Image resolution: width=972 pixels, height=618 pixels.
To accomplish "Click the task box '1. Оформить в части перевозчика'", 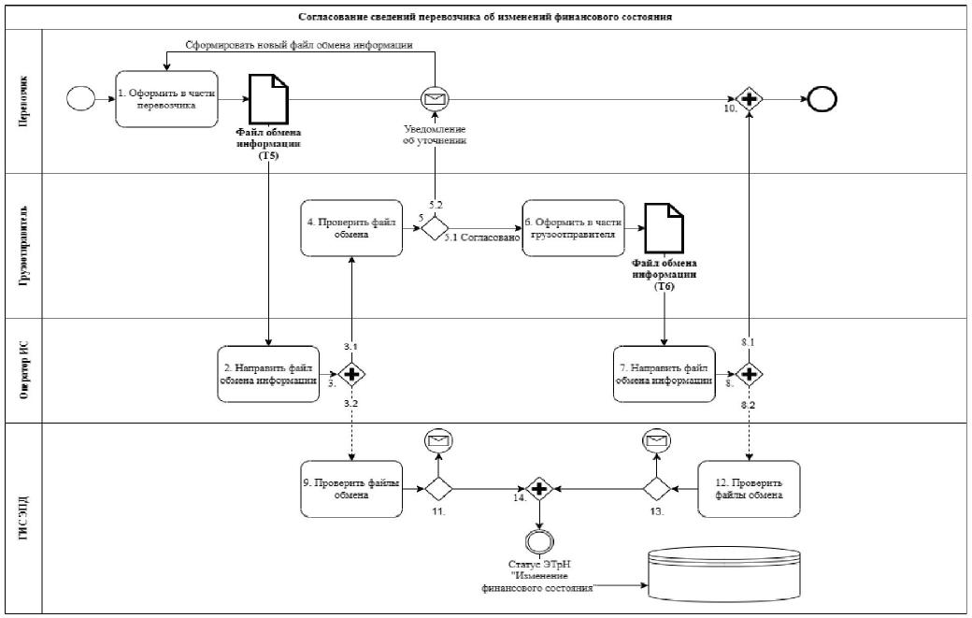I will point(167,98).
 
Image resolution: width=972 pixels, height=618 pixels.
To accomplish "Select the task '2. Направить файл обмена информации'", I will point(267,374).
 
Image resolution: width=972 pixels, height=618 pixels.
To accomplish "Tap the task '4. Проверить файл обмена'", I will point(350,227).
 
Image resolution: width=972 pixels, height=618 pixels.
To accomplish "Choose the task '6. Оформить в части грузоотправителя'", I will point(572,227).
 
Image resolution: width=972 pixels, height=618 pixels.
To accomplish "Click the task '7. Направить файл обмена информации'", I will point(664,374).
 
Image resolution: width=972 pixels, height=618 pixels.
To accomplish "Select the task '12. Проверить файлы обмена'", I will point(750,488).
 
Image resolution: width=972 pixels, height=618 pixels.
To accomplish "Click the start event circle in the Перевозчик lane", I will point(81,99).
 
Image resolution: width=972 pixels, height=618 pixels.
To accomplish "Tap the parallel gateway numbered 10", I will point(748,99).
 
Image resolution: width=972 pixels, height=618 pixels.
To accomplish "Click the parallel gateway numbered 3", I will point(351,375).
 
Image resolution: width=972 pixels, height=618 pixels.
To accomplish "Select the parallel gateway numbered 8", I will point(748,375).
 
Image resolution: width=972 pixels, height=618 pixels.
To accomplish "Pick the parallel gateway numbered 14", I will point(538,488).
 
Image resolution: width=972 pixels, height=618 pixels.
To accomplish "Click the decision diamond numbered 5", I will point(436,228).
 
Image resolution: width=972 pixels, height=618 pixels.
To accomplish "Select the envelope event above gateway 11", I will point(436,440).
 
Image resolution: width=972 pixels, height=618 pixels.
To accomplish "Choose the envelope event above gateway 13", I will point(655,440).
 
